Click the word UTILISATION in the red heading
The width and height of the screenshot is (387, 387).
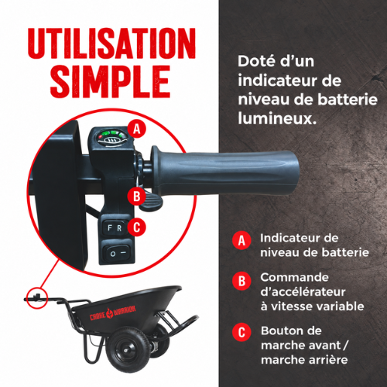pos(111,43)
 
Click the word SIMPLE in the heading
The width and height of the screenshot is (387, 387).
pos(111,81)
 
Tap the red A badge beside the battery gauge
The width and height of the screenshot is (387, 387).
pos(136,128)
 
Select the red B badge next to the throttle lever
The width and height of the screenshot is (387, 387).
pos(136,197)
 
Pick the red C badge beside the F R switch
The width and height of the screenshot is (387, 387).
pos(136,227)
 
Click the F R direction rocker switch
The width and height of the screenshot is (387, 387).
pos(115,228)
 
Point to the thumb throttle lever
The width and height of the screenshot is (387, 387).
pos(150,201)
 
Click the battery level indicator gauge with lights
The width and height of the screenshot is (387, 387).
pos(112,139)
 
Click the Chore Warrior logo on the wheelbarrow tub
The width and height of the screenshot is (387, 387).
pos(113,313)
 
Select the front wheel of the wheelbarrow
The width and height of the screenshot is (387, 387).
pos(128,349)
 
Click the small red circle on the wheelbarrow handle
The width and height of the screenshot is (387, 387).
pos(37,298)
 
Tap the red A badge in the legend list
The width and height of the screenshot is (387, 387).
pos(241,241)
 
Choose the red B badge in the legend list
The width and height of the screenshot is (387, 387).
pos(241,281)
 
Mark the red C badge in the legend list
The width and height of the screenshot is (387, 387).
pos(241,332)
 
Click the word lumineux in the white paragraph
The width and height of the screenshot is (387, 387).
pos(277,118)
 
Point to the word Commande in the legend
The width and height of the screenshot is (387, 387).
pos(294,278)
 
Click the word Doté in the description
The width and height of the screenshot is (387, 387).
pos(255,61)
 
